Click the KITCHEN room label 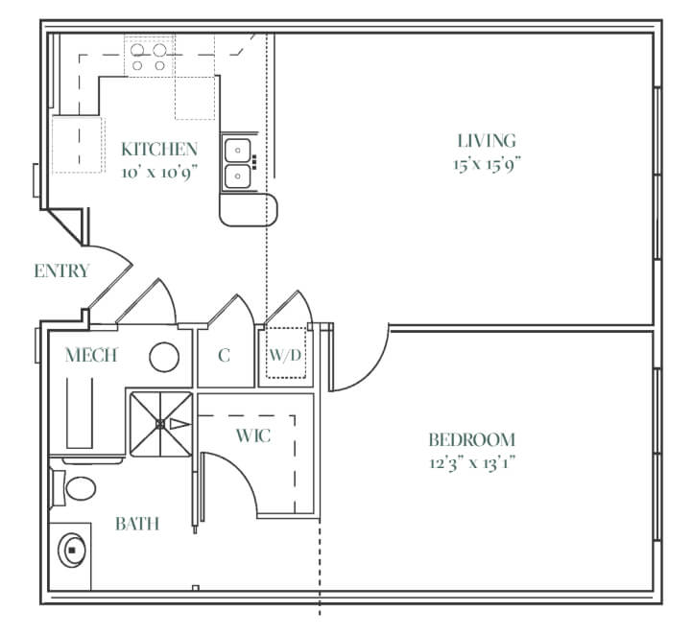pos(159,150)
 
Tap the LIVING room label pos(487,141)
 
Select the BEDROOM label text pos(472,440)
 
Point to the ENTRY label pos(61,270)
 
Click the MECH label pos(91,355)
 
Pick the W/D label pos(285,355)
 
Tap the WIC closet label pos(253,436)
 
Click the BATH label pos(137,524)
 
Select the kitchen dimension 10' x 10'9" pos(159,173)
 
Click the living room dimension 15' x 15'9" pos(488,164)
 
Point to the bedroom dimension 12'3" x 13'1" pos(472,463)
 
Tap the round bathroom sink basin pos(71,551)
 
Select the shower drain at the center pos(160,424)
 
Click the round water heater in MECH pos(164,357)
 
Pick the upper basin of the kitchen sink pos(238,151)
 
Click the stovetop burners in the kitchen pos(149,58)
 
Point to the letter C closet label pos(225,355)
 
